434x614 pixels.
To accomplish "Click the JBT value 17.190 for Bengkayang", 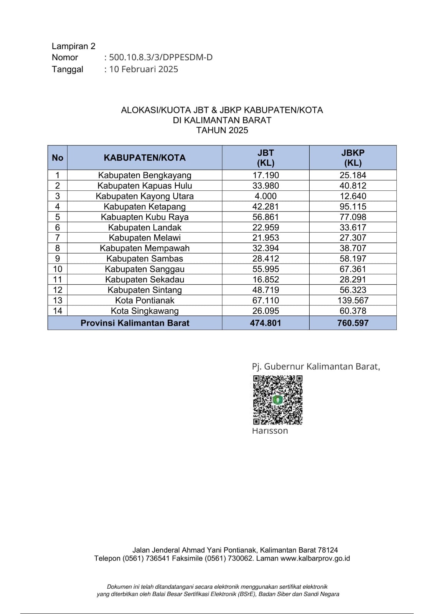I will click(266, 175).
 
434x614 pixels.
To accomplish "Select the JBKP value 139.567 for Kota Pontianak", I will click(353, 300).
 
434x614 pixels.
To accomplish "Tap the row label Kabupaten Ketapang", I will click(145, 207).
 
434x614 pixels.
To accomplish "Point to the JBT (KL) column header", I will click(266, 158).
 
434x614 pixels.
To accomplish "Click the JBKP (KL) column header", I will click(353, 158).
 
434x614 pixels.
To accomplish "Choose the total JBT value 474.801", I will click(266, 323).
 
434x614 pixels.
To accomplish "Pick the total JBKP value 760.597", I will click(353, 323).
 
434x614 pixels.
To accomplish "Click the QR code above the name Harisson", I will click(277, 400).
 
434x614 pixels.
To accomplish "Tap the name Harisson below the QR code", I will click(270, 431).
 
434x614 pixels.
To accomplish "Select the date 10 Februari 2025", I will click(144, 69).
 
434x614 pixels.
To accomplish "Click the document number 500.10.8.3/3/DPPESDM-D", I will click(161, 58).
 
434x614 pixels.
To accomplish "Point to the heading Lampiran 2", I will click(74, 46).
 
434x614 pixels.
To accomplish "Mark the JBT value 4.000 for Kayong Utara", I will click(266, 196).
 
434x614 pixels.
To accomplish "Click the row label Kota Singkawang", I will click(145, 311).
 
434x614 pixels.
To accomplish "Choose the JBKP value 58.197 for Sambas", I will click(353, 259).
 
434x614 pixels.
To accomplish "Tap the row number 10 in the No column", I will click(58, 269).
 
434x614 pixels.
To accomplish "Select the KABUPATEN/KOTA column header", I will click(145, 158).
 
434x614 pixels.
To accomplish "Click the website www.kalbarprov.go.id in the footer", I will click(315, 559).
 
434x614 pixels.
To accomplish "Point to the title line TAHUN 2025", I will click(222, 130).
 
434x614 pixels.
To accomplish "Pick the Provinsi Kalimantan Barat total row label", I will click(135, 323).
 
